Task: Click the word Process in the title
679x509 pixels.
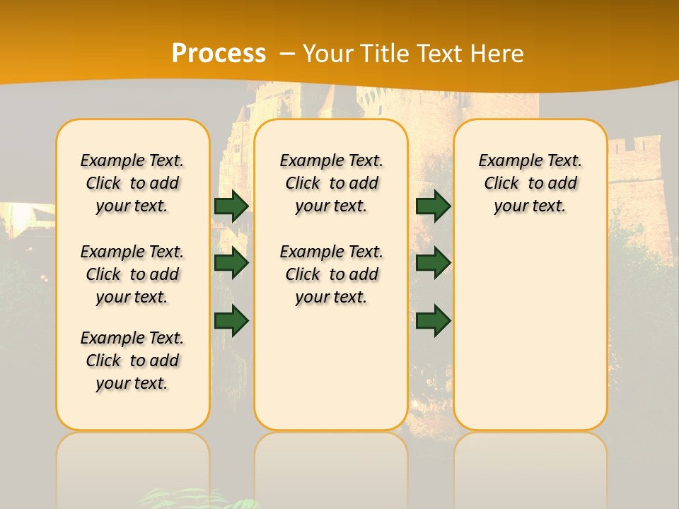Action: pos(219,53)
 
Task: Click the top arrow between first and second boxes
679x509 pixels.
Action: pos(231,206)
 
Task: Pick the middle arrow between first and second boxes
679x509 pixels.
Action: pos(231,263)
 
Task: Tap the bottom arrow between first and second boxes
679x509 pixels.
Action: pos(231,320)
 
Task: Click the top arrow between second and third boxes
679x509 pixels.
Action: pos(433,206)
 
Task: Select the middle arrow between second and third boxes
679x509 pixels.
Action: pos(433,263)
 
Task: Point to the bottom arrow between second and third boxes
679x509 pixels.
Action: pos(433,320)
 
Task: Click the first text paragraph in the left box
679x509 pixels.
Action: pos(132,183)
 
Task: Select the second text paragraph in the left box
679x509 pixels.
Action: pos(132,274)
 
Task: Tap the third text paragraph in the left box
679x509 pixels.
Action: pos(132,361)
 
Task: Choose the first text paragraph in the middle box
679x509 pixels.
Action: pos(332,183)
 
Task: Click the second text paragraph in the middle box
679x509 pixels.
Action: pos(332,274)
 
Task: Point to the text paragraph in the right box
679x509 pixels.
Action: pos(530,183)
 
